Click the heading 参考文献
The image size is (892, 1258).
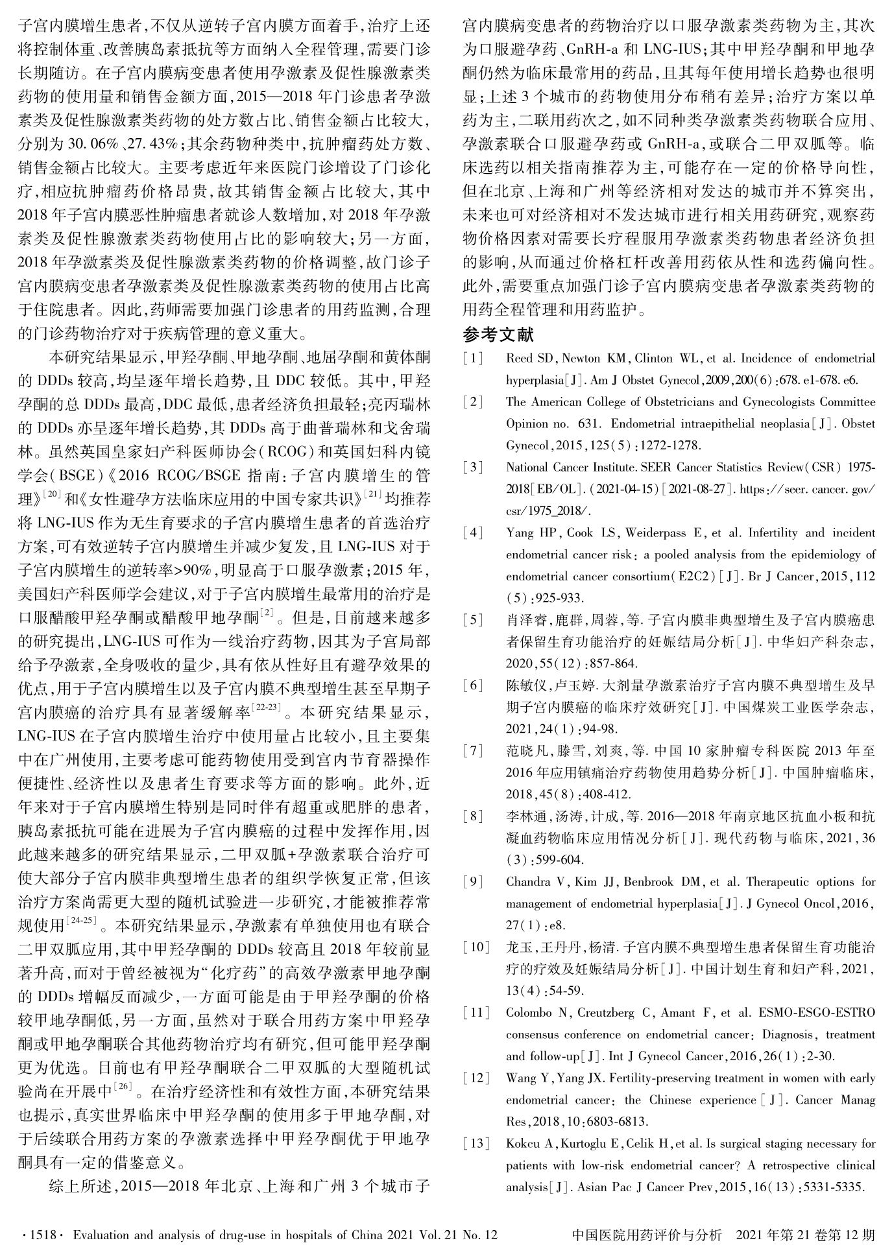coord(498,335)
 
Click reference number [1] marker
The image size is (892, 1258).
coord(473,358)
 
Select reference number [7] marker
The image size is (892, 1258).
coord(473,751)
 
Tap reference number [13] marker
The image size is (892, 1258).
coord(476,1143)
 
